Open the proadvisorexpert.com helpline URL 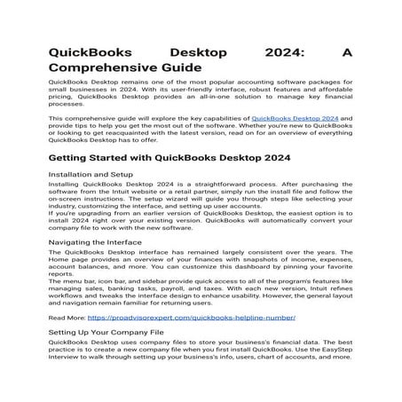point(191,317)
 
